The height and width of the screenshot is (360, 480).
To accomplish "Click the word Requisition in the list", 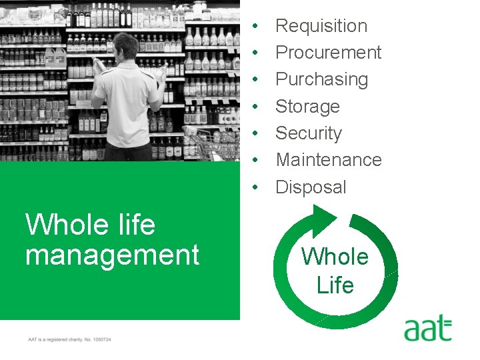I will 321,26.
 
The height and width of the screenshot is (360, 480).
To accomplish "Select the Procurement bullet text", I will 328,53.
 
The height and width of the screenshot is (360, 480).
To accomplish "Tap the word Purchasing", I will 321,79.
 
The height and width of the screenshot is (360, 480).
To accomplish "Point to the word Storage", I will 307,107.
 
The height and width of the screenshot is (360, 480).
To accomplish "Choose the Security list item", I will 308,133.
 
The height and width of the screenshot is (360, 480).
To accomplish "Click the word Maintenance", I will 328,160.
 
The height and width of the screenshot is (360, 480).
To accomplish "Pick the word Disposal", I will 311,187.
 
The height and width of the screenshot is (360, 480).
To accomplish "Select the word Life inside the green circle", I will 335,285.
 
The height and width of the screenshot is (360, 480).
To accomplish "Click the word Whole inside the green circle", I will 335,257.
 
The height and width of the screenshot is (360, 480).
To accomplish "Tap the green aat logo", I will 427,329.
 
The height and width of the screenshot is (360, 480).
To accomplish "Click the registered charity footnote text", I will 69,339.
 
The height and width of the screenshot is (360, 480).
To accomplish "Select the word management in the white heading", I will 112,255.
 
